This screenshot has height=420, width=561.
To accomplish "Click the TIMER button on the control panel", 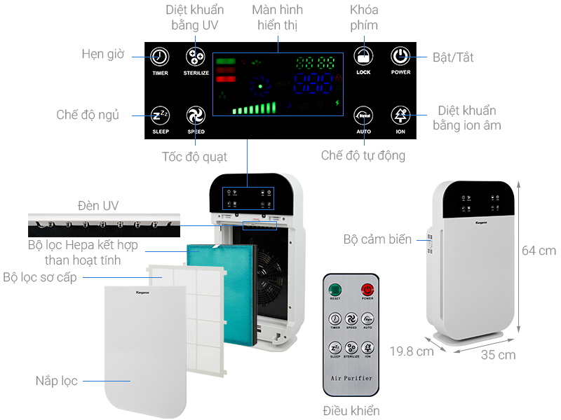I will click(x=160, y=57).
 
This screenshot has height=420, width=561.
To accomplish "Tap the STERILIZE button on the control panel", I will click(x=196, y=57).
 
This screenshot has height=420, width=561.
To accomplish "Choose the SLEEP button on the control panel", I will click(x=160, y=115).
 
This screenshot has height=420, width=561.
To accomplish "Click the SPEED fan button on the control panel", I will click(x=196, y=115).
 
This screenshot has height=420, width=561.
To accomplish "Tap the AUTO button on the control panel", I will click(x=363, y=115).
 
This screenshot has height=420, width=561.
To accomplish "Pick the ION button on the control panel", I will click(x=400, y=115).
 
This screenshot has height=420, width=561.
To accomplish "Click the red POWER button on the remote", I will click(x=367, y=289).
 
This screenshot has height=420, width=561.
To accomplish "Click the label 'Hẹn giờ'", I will click(x=102, y=54).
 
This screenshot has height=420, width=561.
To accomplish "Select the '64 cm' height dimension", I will click(x=539, y=251).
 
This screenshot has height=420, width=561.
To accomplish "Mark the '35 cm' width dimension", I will click(x=498, y=355).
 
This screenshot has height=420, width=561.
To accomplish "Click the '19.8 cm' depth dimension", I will click(x=412, y=351).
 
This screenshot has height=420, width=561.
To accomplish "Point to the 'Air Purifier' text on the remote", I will click(x=351, y=379).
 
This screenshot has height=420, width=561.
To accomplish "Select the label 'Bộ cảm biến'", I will click(x=378, y=239).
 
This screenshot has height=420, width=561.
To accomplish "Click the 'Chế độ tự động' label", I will click(x=363, y=155).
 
